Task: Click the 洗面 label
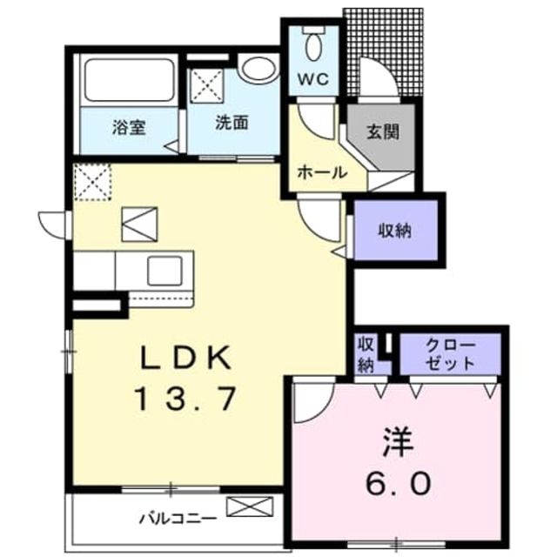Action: (232, 123)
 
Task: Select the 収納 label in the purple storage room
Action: (394, 232)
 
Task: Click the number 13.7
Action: (185, 399)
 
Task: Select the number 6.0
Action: (397, 481)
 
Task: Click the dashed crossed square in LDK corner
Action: (92, 182)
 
